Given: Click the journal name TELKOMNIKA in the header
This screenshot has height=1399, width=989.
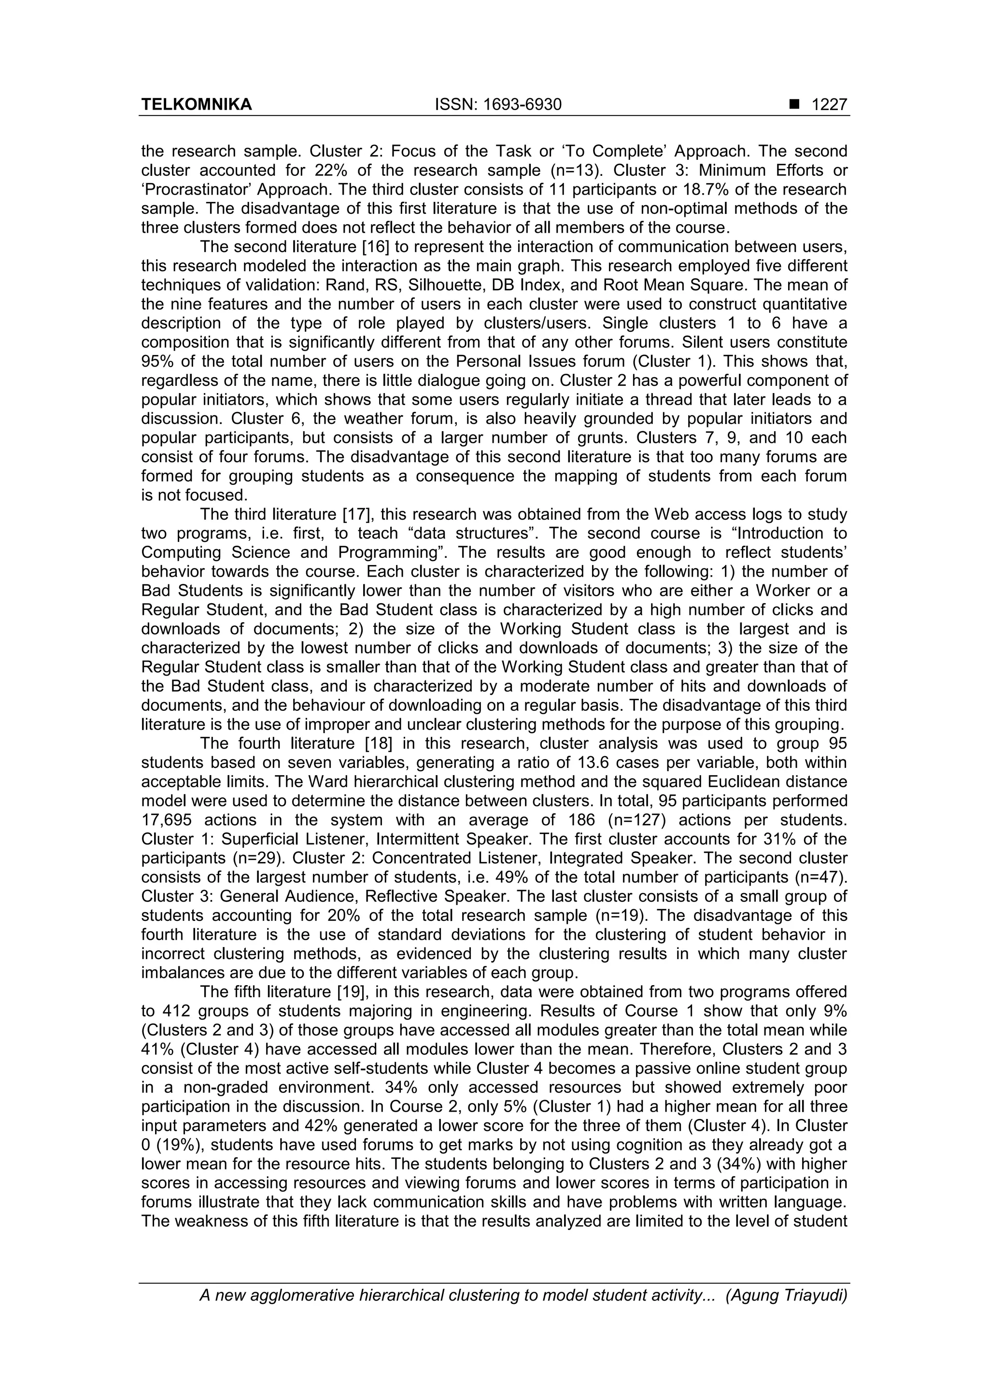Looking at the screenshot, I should [196, 105].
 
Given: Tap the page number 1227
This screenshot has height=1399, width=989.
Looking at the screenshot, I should [829, 105].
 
